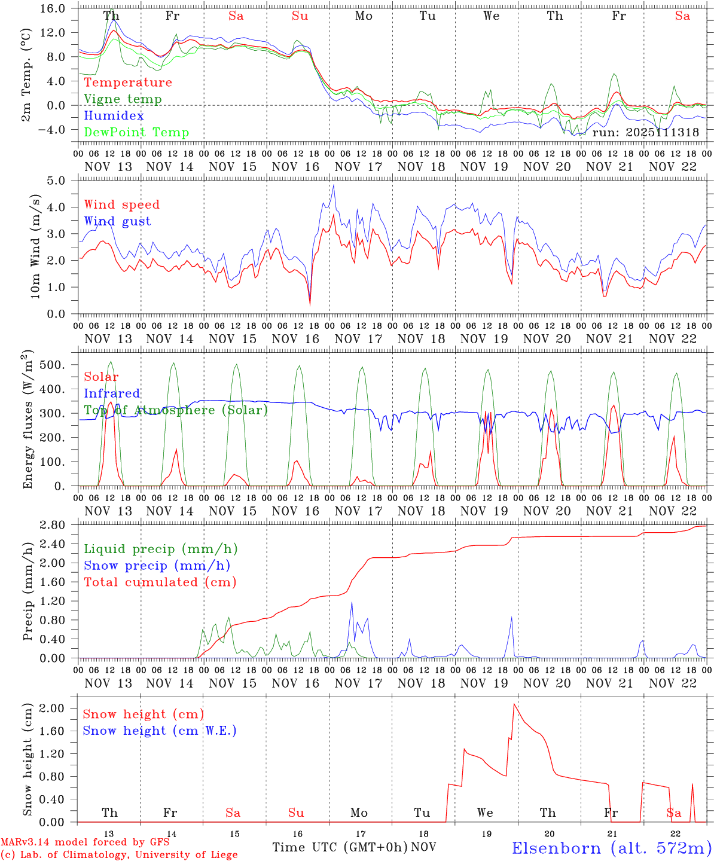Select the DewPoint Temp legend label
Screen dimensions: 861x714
point(136,132)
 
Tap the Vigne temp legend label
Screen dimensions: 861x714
point(123,99)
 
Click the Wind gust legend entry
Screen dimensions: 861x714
point(117,221)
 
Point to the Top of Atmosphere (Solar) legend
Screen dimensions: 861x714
point(176,410)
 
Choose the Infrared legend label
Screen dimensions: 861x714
point(112,393)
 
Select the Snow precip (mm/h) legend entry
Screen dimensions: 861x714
point(157,566)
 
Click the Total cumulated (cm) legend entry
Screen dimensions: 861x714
point(160,582)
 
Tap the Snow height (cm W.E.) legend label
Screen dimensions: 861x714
point(160,731)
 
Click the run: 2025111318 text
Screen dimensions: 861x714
point(645,132)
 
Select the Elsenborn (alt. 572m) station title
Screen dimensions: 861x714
point(611,848)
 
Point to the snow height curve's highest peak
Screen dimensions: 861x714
point(514,704)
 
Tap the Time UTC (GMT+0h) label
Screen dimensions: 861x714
point(340,847)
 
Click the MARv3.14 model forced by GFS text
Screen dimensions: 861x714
point(85,842)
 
